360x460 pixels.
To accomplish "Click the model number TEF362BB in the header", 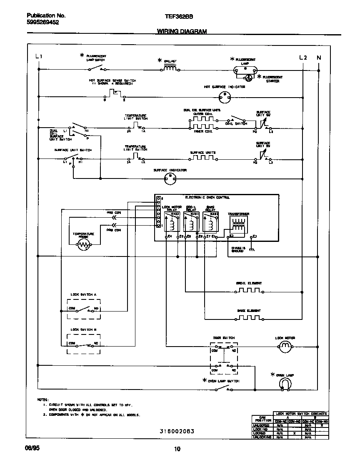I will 179,16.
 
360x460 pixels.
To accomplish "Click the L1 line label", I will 39,57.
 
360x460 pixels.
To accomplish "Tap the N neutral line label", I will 318,58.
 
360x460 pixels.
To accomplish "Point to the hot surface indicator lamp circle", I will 225,97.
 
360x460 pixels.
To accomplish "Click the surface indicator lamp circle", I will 169,179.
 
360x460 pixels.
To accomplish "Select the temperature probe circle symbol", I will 83,246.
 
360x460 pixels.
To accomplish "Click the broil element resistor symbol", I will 249,291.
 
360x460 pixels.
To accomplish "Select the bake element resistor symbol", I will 249,318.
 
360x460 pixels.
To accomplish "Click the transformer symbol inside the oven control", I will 238,226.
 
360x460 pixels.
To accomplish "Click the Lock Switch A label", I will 83,294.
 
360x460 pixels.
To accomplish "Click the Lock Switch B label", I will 83,329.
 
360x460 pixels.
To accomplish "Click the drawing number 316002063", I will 177,431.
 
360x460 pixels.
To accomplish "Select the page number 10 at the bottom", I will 177,449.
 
